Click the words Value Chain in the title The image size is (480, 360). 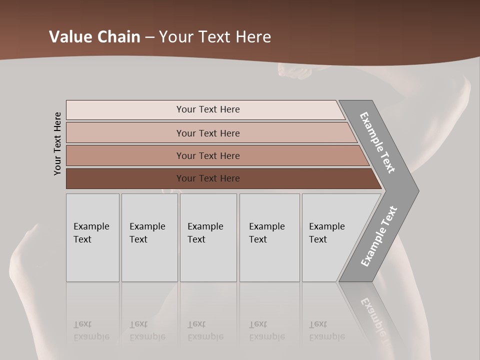click(94, 37)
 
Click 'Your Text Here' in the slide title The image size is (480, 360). click(215, 37)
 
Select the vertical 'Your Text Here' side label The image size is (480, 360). click(57, 143)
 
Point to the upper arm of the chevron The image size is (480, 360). click(378, 142)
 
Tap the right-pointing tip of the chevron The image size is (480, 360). click(413, 190)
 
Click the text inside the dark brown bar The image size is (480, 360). click(208, 178)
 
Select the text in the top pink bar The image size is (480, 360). click(208, 109)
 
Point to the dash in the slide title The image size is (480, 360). click(149, 37)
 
